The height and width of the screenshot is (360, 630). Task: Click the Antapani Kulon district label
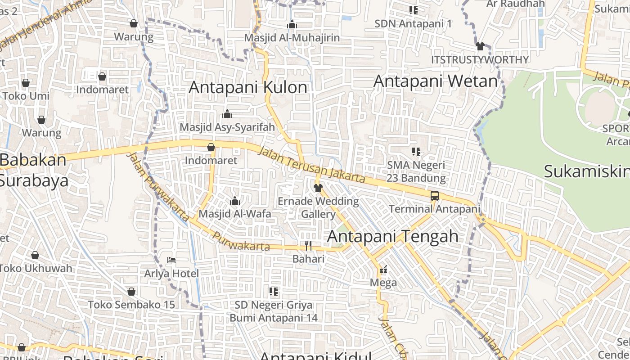tap(248, 87)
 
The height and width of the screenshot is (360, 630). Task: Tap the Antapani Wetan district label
tap(436, 81)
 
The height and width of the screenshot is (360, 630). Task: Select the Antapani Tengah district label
tap(393, 236)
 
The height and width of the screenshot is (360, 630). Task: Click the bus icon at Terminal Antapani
tap(435, 196)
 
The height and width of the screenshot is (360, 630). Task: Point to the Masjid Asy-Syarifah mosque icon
tap(227, 114)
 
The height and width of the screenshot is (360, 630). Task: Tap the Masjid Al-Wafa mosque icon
tap(235, 201)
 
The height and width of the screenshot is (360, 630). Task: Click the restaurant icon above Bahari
tap(308, 245)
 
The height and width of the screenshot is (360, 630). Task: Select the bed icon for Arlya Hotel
tap(171, 260)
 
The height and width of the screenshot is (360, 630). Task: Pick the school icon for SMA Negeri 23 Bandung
tap(416, 152)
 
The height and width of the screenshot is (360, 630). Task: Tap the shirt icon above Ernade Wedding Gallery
tap(318, 188)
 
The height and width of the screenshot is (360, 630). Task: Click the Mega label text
tap(383, 283)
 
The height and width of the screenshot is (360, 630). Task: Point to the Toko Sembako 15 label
tap(131, 305)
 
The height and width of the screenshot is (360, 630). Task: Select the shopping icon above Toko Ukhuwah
tap(35, 255)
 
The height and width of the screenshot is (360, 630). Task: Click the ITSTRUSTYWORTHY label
tap(480, 60)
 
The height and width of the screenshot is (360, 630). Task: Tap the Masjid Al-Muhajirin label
tap(292, 38)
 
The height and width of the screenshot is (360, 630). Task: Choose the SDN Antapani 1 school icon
tap(413, 10)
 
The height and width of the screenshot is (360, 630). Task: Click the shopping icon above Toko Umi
tap(26, 83)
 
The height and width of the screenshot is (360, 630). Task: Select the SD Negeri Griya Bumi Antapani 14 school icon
tap(274, 292)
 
